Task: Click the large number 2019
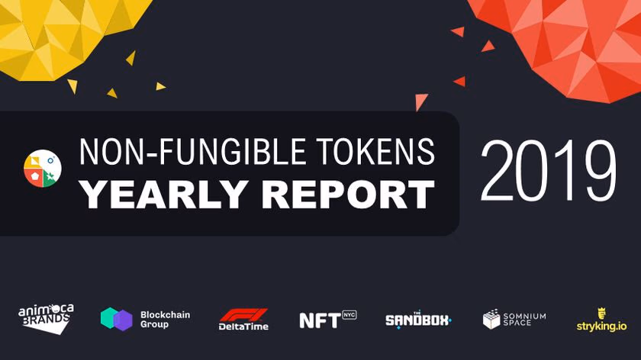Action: coord(548,172)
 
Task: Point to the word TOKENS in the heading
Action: coord(386,153)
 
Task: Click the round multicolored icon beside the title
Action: coord(43,169)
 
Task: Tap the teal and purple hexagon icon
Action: coord(116,319)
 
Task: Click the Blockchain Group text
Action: coord(165,319)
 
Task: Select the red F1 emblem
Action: coord(243,314)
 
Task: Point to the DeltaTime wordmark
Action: coord(243,327)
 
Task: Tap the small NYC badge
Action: coord(349,314)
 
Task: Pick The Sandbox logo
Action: coord(417,320)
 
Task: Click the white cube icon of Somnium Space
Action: coord(492,319)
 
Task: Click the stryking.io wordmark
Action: coord(601,326)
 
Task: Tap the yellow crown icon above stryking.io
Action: coord(601,312)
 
